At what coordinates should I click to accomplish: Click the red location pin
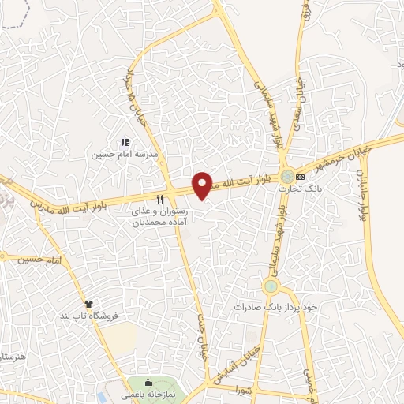(x=203, y=185)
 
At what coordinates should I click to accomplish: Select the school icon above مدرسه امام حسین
(x=124, y=142)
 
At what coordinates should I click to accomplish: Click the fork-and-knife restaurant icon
(x=161, y=199)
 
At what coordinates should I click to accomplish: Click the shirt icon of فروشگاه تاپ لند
(x=89, y=303)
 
